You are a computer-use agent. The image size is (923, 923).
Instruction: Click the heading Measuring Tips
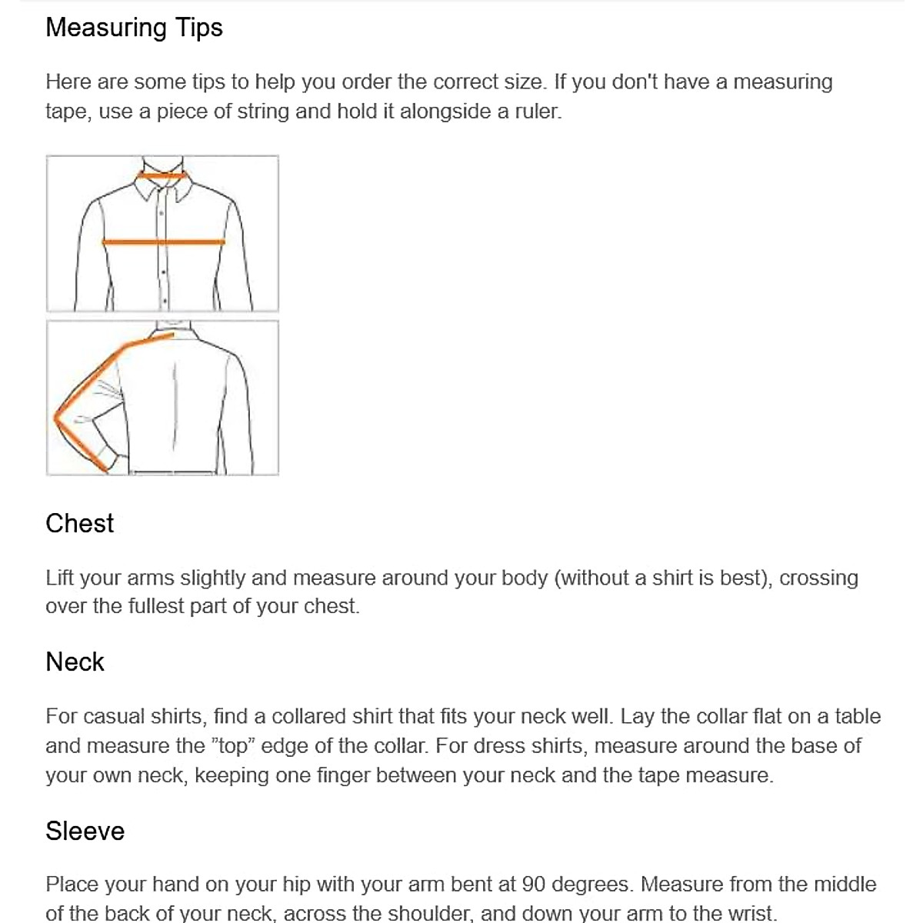[x=134, y=28]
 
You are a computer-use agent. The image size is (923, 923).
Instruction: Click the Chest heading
[x=79, y=523]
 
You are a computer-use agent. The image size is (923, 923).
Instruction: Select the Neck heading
[x=75, y=661]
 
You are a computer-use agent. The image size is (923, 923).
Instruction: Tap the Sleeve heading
[x=85, y=831]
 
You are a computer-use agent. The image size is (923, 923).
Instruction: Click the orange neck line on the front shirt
[x=162, y=176]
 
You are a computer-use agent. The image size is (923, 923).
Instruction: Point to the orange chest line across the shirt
[x=163, y=242]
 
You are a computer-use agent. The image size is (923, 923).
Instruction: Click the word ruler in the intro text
[x=538, y=112]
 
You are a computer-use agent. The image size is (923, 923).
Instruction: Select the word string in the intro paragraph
[x=262, y=112]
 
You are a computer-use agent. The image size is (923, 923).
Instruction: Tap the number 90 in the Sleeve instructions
[x=534, y=885]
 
